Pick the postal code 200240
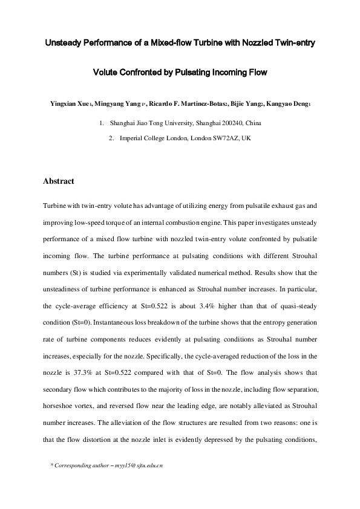(x=224, y=123)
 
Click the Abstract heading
(x=59, y=181)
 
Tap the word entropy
(x=261, y=321)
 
